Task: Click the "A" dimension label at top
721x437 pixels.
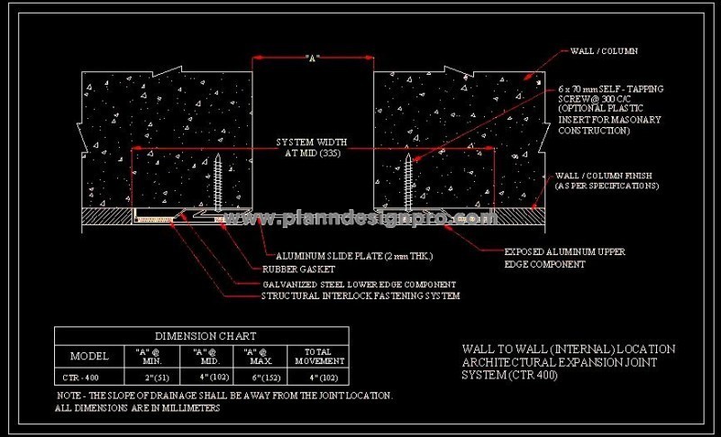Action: [313, 59]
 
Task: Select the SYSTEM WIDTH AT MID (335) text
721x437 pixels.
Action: [312, 147]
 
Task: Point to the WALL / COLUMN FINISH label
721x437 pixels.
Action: [607, 180]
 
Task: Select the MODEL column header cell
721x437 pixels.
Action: [88, 355]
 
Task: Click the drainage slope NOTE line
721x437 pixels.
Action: [224, 396]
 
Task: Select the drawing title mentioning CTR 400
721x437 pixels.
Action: [568, 361]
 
